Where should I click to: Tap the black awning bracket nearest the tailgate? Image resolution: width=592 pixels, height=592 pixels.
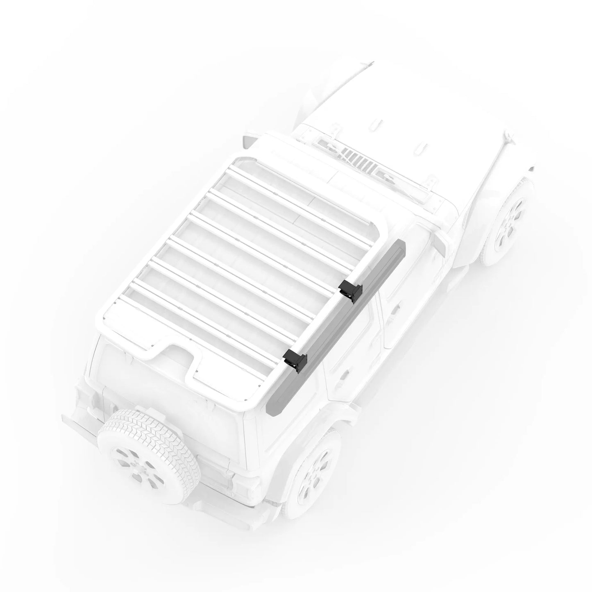pos(296,360)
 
